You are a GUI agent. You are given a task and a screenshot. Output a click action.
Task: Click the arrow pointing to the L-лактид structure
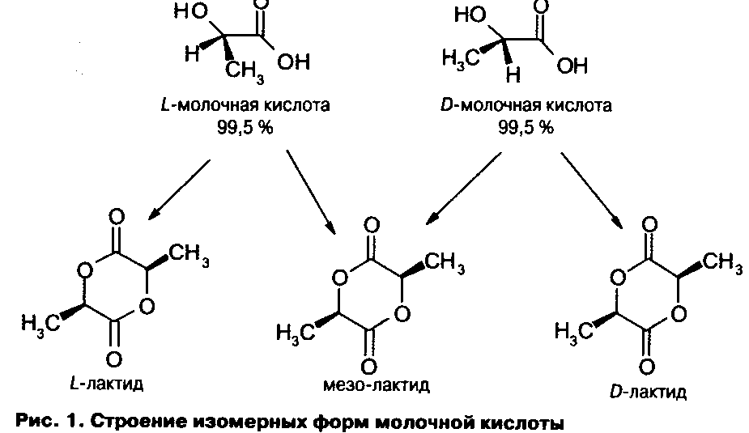coord(179,189)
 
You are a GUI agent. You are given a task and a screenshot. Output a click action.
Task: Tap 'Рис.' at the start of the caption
coord(33,422)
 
